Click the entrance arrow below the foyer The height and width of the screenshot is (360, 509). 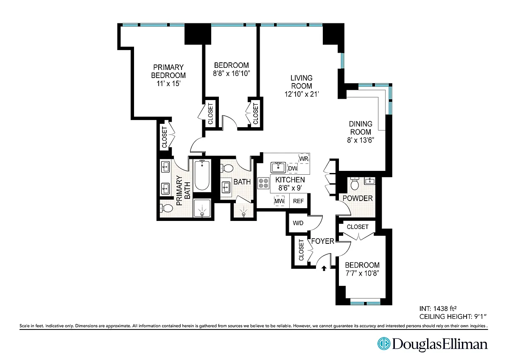[x=324, y=268]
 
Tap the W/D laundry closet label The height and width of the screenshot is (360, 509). [x=298, y=223]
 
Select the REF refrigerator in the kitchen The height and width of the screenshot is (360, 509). [x=298, y=201]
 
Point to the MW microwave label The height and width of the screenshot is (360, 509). [x=279, y=201]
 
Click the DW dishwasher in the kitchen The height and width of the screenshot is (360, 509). [x=293, y=168]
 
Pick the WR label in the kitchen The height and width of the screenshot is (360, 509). [x=304, y=159]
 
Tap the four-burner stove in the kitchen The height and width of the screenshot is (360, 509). [x=263, y=183]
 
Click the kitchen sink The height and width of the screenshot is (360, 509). [x=278, y=167]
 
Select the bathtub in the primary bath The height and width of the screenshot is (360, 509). [x=202, y=175]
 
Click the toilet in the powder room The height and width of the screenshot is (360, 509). [x=355, y=183]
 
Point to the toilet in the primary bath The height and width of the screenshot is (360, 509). [x=167, y=208]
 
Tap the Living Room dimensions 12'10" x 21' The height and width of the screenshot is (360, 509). [x=302, y=94]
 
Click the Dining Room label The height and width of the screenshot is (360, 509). [x=361, y=128]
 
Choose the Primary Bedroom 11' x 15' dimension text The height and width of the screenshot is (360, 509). [x=168, y=84]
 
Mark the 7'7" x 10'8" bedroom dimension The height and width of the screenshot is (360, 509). [x=362, y=273]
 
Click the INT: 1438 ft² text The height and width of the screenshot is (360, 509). [x=438, y=308]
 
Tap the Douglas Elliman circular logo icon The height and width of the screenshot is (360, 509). [x=384, y=343]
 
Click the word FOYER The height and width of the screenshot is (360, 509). [x=323, y=241]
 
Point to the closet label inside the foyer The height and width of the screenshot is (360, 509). [x=301, y=250]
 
